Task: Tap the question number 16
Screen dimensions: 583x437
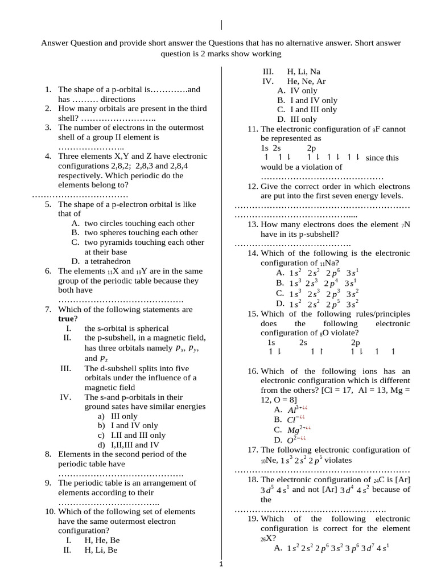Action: [253, 371]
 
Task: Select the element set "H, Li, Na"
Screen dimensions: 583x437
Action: [303, 72]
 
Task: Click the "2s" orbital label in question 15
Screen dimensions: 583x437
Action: [303, 343]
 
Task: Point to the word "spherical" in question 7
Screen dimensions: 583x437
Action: [149, 329]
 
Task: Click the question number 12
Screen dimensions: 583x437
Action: [253, 186]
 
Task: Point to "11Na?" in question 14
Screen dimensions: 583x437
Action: [325, 263]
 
